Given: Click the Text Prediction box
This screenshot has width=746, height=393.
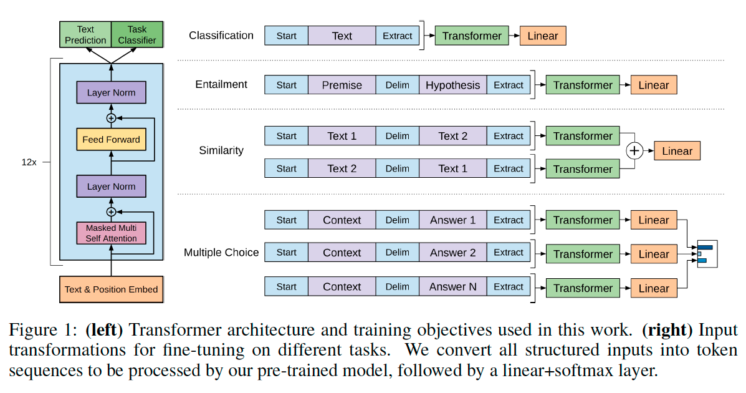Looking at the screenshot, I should tap(85, 34).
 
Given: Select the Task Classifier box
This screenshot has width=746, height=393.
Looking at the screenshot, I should tap(137, 34).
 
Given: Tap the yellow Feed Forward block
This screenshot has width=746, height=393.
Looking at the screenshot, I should tap(111, 140).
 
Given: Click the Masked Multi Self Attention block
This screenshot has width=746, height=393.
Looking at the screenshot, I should tap(111, 233).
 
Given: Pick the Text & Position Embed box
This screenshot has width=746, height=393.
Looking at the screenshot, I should tap(111, 289).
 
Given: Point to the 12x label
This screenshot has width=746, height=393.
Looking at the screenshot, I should tap(28, 162).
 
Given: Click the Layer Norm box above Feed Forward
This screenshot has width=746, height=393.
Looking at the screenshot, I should tap(111, 93).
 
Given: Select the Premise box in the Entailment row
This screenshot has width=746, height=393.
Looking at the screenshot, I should tap(342, 85).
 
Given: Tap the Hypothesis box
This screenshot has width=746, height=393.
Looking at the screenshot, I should tap(452, 85).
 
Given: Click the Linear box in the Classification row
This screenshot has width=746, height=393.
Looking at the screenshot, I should tap(542, 36).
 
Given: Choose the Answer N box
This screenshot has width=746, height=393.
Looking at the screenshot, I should tap(452, 287).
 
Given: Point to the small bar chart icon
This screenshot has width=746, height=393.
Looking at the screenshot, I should tap(707, 252).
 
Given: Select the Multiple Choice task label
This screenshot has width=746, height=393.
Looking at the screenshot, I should tap(221, 253).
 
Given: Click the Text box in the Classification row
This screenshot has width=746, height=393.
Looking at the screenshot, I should tap(342, 36).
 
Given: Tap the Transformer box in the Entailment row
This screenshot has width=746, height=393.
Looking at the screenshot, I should tap(583, 85).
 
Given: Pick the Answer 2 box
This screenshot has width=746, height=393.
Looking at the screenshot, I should tap(452, 253).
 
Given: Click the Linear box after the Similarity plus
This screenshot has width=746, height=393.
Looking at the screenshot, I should tap(677, 151).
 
